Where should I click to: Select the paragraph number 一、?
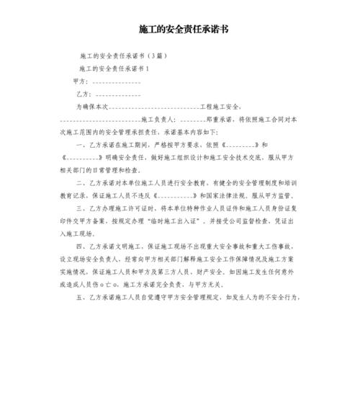tap(81, 145)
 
